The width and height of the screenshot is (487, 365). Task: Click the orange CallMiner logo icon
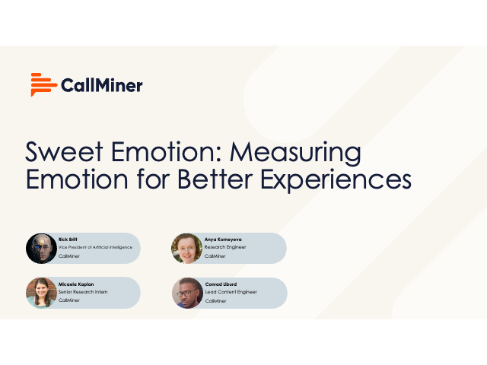(43, 84)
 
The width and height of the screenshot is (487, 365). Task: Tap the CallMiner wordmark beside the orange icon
(100, 85)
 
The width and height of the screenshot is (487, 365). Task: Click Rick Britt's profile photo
(41, 248)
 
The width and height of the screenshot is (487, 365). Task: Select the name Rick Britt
(68, 239)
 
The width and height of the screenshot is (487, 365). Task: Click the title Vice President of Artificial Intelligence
(95, 247)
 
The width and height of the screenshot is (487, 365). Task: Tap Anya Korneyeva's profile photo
(187, 248)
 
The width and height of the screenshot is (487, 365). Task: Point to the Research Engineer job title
(225, 247)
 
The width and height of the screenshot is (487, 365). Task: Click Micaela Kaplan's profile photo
(41, 293)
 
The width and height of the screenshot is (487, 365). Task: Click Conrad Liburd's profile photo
(187, 293)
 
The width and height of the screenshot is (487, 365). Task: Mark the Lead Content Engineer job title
(231, 292)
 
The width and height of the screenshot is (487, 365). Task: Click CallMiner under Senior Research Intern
(68, 300)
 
